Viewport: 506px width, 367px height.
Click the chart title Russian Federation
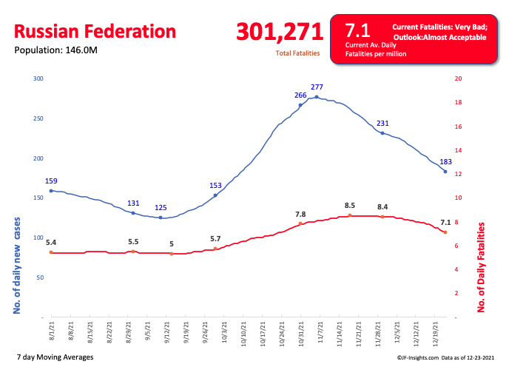click(x=95, y=32)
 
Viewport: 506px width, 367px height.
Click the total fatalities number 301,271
click(x=280, y=32)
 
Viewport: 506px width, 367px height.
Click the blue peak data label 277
click(x=317, y=88)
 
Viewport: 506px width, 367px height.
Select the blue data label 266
click(x=300, y=95)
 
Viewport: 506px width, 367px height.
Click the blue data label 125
click(x=161, y=208)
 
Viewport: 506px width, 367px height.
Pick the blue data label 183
click(x=445, y=161)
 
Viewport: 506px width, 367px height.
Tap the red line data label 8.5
click(x=350, y=206)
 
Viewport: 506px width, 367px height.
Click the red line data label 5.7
click(x=215, y=238)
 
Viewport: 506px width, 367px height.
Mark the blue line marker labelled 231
click(x=382, y=132)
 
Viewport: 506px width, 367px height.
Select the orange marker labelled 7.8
click(x=300, y=223)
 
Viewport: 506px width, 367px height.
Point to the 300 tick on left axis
click(x=38, y=78)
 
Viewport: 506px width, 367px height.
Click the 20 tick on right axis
click(x=458, y=78)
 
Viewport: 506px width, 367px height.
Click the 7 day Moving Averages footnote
click(x=55, y=357)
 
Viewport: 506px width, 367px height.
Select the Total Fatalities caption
click(x=297, y=53)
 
